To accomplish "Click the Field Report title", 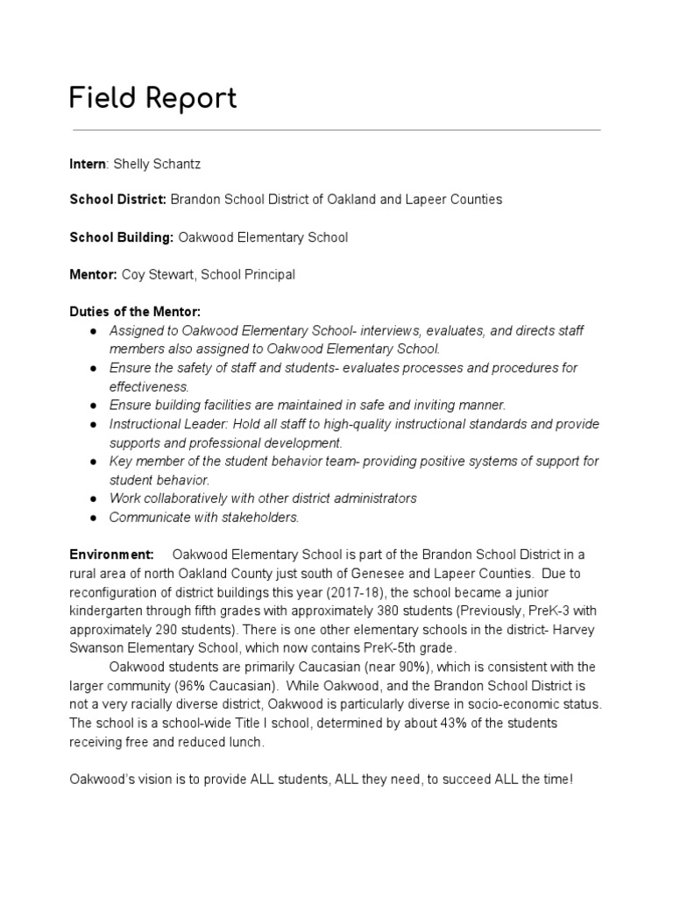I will click(x=152, y=99).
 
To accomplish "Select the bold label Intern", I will click(x=89, y=164).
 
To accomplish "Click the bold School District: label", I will click(x=117, y=200).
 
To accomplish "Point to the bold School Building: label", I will click(x=122, y=237).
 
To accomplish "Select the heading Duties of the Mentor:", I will click(x=135, y=311).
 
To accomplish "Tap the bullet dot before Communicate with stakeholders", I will click(x=93, y=517).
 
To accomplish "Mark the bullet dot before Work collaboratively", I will click(x=93, y=498).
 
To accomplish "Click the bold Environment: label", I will click(x=111, y=554).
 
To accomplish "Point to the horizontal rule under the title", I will click(x=336, y=130).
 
